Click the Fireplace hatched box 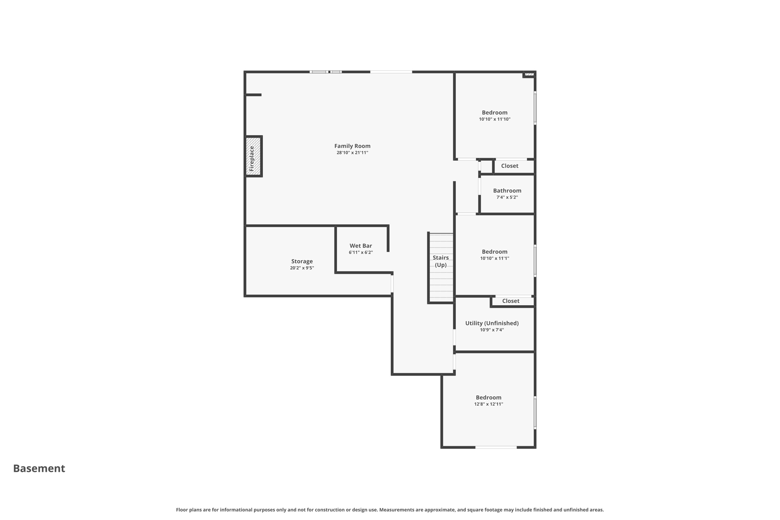pyautogui.click(x=253, y=156)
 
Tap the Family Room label pyautogui.click(x=352, y=146)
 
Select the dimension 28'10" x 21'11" pyautogui.click(x=352, y=153)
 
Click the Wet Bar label pyautogui.click(x=361, y=246)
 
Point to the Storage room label pyautogui.click(x=302, y=261)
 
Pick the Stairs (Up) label pyautogui.click(x=441, y=261)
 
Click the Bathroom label pyautogui.click(x=507, y=191)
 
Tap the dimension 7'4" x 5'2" pyautogui.click(x=507, y=197)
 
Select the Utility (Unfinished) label pyautogui.click(x=492, y=323)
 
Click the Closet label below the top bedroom pyautogui.click(x=510, y=166)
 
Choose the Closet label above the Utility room pyautogui.click(x=511, y=301)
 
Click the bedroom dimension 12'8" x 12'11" pyautogui.click(x=489, y=404)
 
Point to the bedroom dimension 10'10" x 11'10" pyautogui.click(x=495, y=119)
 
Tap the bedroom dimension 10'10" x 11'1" pyautogui.click(x=495, y=258)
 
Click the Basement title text pyautogui.click(x=39, y=468)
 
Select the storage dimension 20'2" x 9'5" pyautogui.click(x=302, y=268)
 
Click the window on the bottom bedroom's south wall pyautogui.click(x=496, y=447)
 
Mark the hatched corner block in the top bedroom pyautogui.click(x=529, y=74)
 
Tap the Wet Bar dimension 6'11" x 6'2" pyautogui.click(x=361, y=252)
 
